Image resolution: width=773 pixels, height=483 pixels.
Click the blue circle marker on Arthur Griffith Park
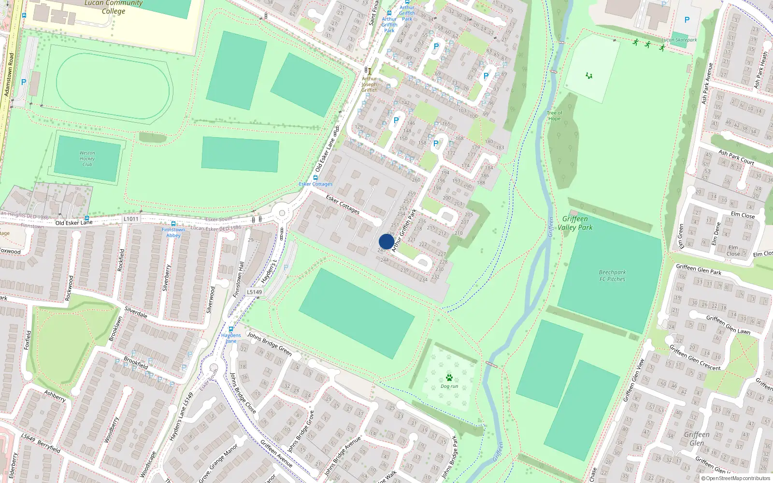[386, 241]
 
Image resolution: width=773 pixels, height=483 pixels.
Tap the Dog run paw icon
[449, 377]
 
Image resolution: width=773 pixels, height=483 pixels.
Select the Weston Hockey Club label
[87, 159]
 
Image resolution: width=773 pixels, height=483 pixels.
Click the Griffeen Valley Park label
[575, 223]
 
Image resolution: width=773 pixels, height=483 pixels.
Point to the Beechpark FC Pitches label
[612, 276]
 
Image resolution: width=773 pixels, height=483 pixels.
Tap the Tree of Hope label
[554, 116]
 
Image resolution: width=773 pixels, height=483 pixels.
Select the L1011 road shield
[131, 219]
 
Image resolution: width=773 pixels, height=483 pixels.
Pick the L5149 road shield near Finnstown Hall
[255, 292]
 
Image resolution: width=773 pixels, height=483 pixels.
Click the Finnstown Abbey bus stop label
[173, 232]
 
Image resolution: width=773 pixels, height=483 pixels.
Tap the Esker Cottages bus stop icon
[315, 178]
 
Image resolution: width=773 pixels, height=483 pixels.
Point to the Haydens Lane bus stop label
[231, 338]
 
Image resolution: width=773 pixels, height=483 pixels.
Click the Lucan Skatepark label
[679, 40]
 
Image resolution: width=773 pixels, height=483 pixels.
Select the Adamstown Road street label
[9, 75]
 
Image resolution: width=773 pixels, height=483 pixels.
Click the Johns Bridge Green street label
[270, 343]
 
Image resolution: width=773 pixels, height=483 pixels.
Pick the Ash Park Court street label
[736, 157]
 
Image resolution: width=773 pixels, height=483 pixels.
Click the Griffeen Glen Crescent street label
[695, 358]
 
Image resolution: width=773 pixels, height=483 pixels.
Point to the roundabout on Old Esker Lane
[281, 213]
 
